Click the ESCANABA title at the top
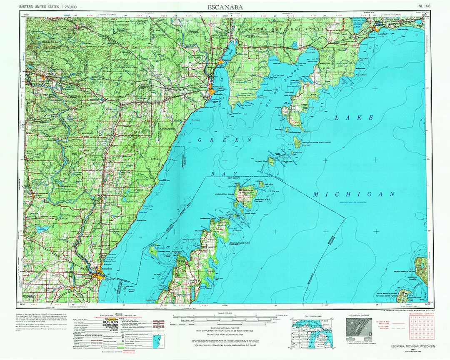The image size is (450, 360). click(225, 7)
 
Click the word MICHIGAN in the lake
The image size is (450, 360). click(354, 195)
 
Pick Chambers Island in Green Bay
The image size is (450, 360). click(155, 250)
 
